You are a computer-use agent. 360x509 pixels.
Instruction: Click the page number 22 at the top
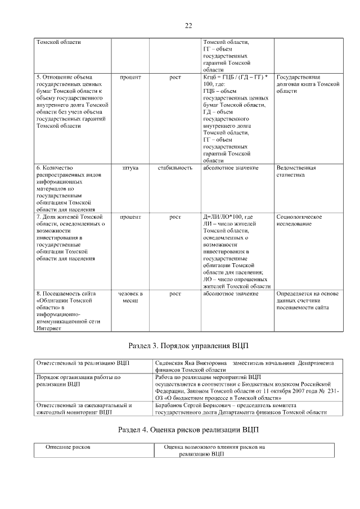[x=188, y=25]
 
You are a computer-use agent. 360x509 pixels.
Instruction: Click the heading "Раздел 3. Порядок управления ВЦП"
[x=188, y=345]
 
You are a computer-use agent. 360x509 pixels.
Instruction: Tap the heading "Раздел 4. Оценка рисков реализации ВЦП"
[x=188, y=430]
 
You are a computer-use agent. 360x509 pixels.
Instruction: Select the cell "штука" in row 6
[x=130, y=168]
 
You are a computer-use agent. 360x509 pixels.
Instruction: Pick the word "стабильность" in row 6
[x=175, y=168]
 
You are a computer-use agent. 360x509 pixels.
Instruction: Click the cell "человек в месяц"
[x=130, y=297]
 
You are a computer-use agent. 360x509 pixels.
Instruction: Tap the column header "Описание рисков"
[x=67, y=447]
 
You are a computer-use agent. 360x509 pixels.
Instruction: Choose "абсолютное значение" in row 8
[x=231, y=294]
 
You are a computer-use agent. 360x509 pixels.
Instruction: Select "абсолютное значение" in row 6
[x=231, y=168]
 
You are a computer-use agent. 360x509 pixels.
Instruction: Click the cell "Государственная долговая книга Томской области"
[x=308, y=83]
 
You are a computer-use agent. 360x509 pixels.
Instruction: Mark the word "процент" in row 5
[x=130, y=77]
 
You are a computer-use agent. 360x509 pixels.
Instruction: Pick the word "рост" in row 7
[x=175, y=217]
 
